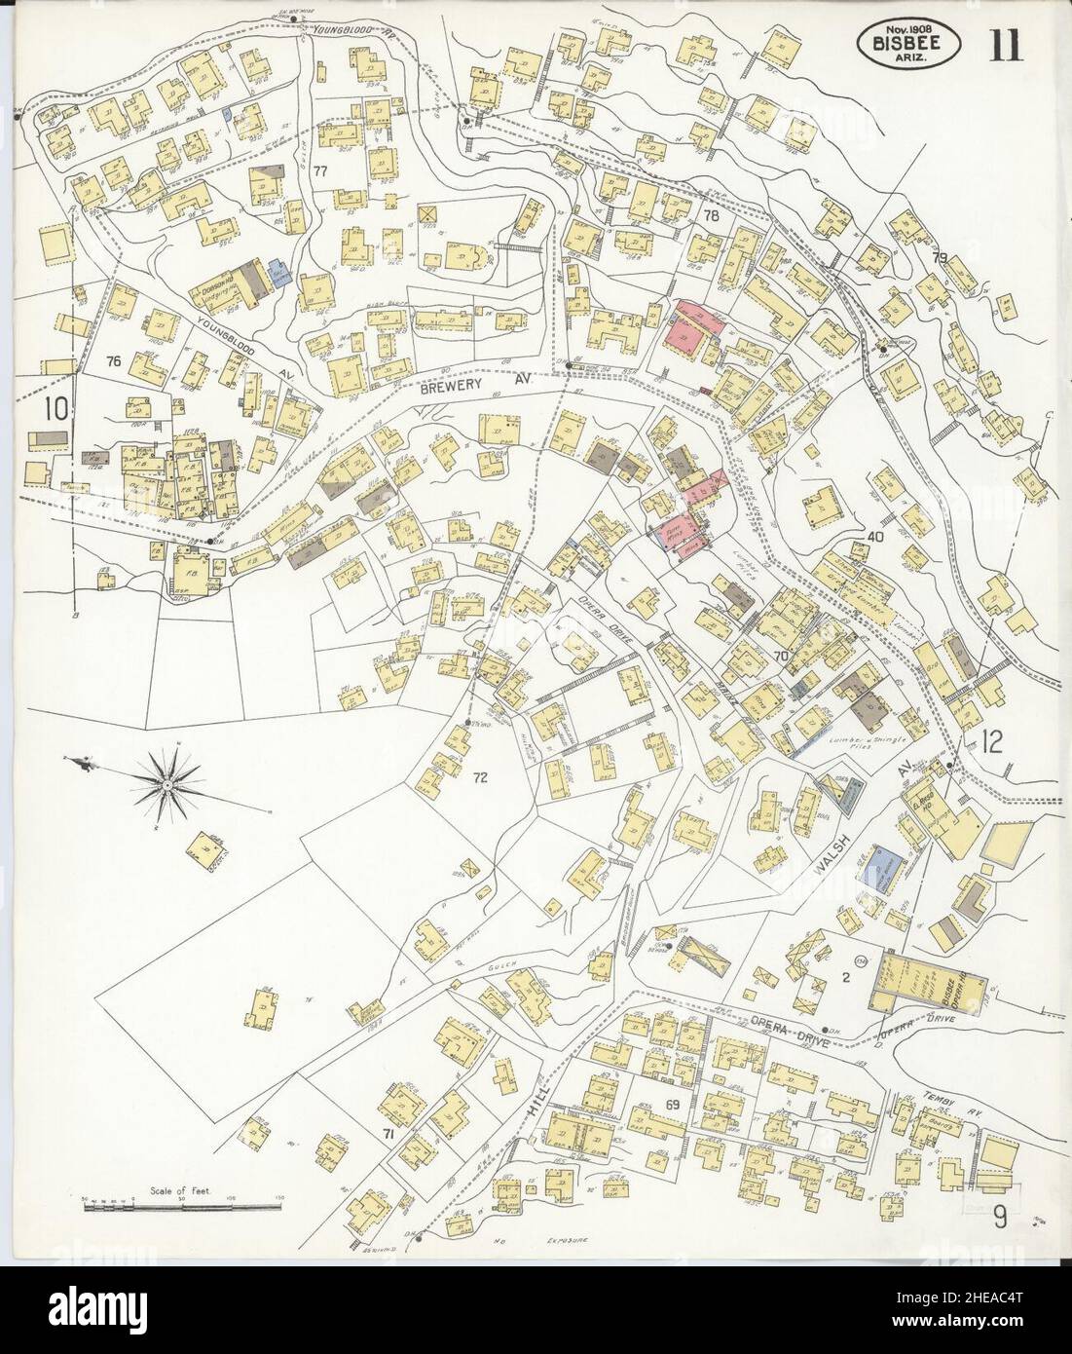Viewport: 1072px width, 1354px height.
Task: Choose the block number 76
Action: pos(113,361)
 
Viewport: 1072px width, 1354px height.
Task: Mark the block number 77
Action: pos(319,171)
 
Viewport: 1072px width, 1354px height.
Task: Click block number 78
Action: pos(710,216)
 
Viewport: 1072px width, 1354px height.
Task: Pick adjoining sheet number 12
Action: pos(992,742)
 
